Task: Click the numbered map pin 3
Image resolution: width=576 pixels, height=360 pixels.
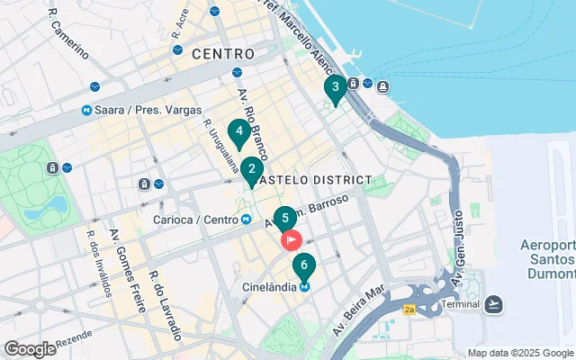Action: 335,88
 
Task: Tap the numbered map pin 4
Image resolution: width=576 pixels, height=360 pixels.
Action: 238,131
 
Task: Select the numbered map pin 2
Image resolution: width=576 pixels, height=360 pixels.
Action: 252,168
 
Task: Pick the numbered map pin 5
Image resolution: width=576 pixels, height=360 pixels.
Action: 284,219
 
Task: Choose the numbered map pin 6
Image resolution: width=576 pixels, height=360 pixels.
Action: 304,266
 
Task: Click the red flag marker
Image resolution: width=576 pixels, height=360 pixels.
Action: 292,240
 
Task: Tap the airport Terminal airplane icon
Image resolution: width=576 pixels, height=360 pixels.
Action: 493,304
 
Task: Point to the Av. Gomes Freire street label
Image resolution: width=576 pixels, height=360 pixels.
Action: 122,252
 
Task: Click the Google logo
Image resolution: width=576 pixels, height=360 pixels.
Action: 30,349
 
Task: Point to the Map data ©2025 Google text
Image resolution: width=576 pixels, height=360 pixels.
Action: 520,353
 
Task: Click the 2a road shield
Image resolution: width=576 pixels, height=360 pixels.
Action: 409,310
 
